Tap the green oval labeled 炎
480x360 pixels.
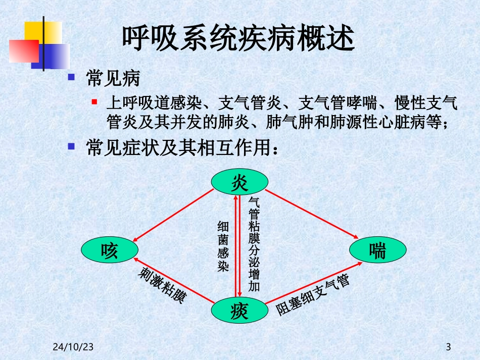point(239,183)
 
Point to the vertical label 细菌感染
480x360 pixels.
point(223,246)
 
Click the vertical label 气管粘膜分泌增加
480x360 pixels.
point(254,244)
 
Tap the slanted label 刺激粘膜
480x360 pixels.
point(163,285)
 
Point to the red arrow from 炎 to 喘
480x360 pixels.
point(312,214)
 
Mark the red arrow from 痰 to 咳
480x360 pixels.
point(172,280)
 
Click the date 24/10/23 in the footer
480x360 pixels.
point(73,347)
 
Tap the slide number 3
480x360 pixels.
point(448,347)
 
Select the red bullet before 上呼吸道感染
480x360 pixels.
point(94,102)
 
